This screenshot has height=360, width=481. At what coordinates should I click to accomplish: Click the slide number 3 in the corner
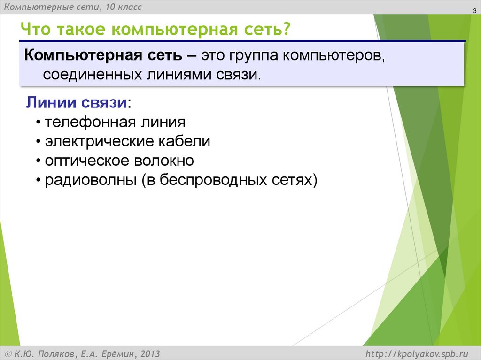[x=474, y=11]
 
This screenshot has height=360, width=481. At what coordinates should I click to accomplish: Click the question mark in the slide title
[x=285, y=30]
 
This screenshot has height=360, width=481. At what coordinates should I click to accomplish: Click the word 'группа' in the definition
[x=254, y=56]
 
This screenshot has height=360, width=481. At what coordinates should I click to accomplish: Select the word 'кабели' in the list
[x=186, y=141]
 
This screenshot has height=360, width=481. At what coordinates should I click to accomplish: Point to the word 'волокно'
[x=164, y=161]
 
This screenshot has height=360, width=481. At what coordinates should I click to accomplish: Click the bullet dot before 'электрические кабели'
[x=38, y=142]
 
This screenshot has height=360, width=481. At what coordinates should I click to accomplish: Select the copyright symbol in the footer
[x=8, y=353]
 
